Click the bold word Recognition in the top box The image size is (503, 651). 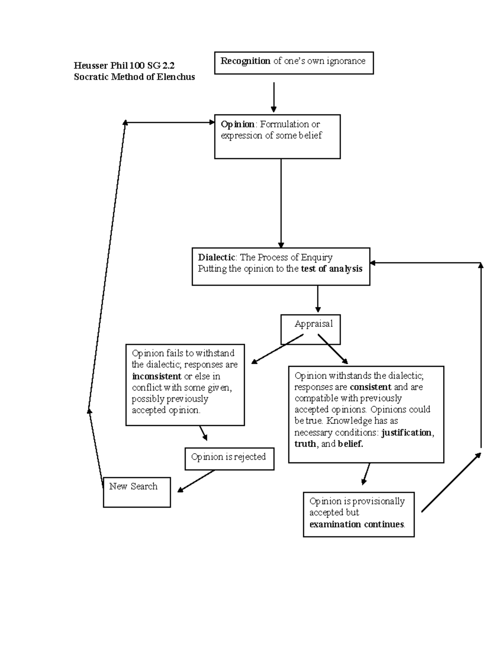(245, 61)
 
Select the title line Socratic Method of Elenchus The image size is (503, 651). (134, 77)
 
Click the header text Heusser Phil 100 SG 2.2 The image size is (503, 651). (124, 65)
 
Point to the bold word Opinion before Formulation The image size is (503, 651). (237, 124)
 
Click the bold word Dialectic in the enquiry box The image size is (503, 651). (217, 257)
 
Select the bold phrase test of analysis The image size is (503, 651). (332, 269)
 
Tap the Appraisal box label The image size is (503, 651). (314, 324)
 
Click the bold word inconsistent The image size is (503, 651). (156, 376)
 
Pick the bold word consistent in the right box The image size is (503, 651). (371, 387)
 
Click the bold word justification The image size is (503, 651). (406, 433)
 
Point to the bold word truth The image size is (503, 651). (305, 444)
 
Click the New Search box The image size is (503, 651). (137, 491)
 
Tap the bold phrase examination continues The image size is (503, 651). (357, 524)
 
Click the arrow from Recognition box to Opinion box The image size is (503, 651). (274, 97)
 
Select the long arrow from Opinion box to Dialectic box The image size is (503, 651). (281, 203)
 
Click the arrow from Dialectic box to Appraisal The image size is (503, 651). (318, 299)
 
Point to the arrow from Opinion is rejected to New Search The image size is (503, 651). (196, 481)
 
